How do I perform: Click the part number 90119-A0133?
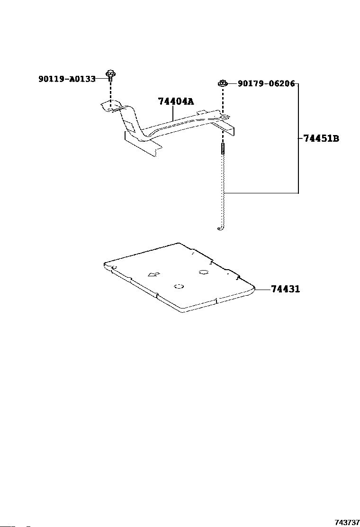[x=67, y=79]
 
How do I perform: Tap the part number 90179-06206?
[x=266, y=84]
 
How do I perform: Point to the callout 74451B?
[x=321, y=139]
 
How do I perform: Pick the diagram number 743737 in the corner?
[x=347, y=522]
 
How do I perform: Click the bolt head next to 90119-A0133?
[x=111, y=74]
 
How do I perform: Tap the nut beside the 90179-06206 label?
[x=222, y=83]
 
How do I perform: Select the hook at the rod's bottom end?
[x=220, y=229]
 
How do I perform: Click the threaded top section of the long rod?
[x=222, y=149]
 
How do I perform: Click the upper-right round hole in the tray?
[x=204, y=272]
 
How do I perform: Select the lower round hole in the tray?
[x=179, y=286]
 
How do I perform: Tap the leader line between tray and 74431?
[x=263, y=289]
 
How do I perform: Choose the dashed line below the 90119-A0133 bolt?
[x=110, y=93]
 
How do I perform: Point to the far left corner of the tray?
[x=105, y=262]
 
